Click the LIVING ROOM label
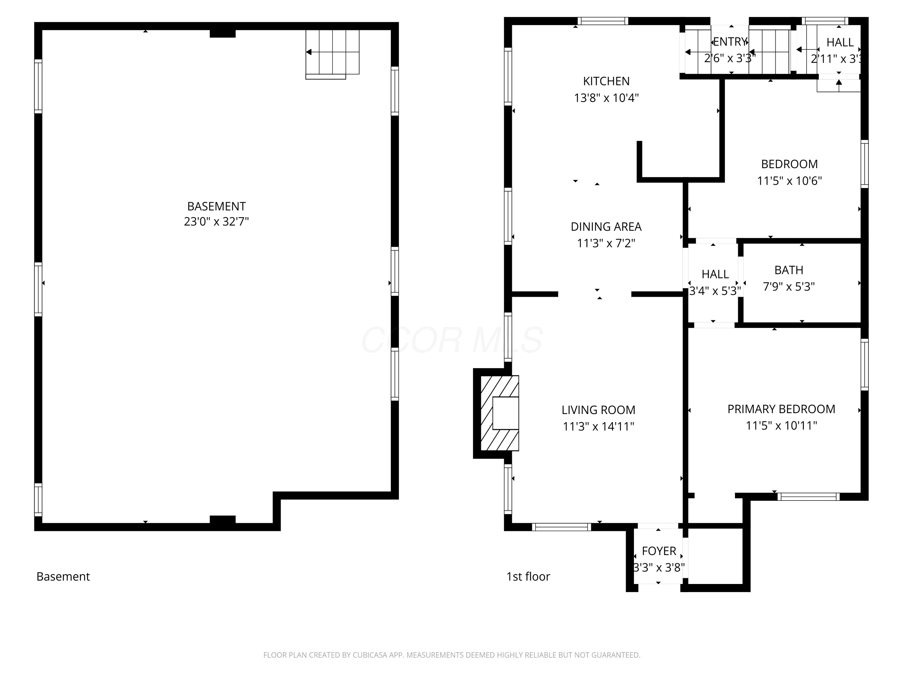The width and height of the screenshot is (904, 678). [x=598, y=410]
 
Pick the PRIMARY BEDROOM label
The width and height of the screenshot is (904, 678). [x=781, y=409]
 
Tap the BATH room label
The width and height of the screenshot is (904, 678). [x=789, y=270]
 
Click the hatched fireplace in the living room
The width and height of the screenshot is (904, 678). [x=499, y=413]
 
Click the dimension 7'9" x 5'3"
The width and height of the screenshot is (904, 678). [x=789, y=287]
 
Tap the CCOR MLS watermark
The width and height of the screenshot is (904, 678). [x=452, y=340]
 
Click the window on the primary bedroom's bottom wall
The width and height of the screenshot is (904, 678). [x=808, y=497]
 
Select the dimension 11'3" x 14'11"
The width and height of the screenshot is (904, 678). [x=598, y=426]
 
